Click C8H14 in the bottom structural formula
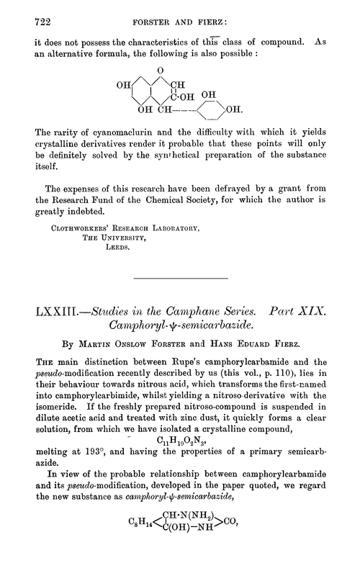(122, 558)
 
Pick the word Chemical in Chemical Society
(189, 212)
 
